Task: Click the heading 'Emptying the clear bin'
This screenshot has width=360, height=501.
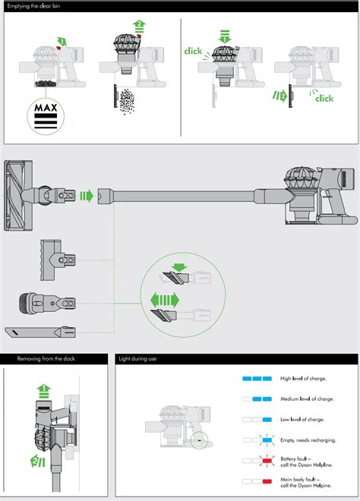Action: [x=33, y=6]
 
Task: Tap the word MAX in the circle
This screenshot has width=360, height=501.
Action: [x=46, y=107]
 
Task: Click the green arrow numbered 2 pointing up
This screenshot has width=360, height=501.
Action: [x=139, y=27]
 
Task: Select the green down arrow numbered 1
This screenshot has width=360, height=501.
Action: [x=225, y=36]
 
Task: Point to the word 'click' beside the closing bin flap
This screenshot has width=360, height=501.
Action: [x=324, y=98]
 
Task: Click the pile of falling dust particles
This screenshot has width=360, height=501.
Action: [x=127, y=101]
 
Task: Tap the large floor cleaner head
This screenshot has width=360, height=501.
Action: [x=18, y=195]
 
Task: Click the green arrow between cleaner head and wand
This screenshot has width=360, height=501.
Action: [x=87, y=196]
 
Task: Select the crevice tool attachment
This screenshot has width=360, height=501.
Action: [x=40, y=332]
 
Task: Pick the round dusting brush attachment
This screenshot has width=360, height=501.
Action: [x=47, y=303]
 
